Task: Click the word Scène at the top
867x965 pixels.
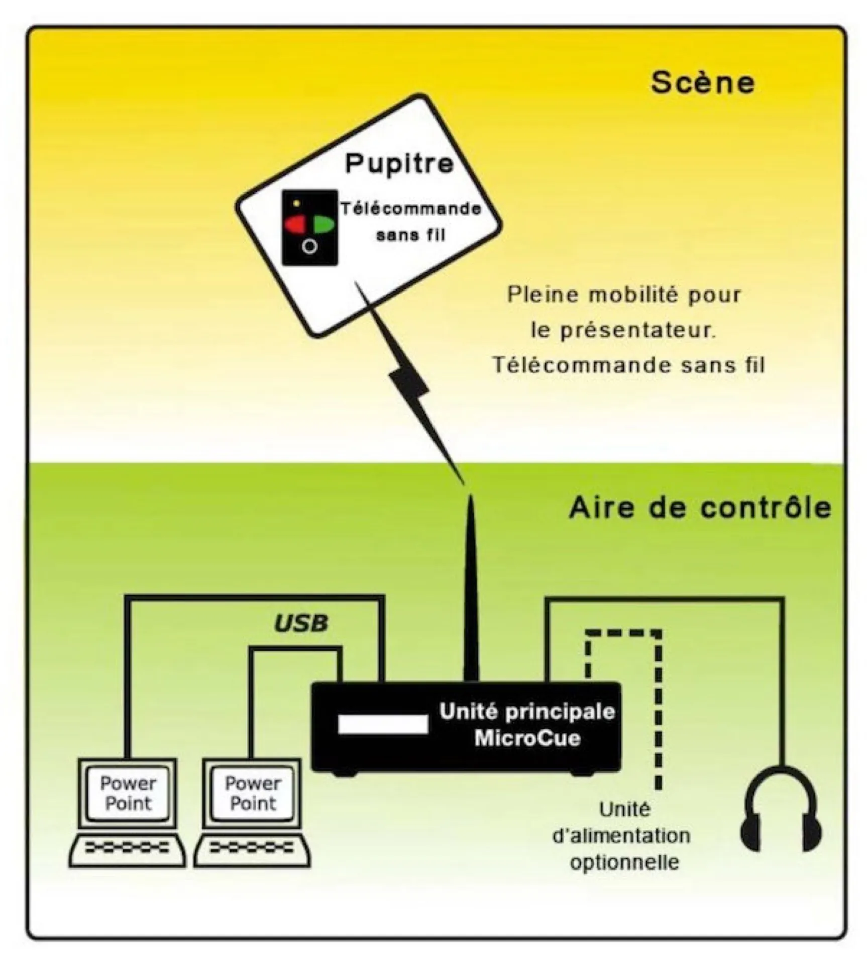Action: point(702,83)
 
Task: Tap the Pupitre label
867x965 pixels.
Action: point(399,163)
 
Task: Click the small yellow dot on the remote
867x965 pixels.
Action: point(296,203)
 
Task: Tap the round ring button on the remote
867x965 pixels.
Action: point(310,246)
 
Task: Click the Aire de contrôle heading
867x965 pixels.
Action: point(700,508)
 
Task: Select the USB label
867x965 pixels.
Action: point(300,623)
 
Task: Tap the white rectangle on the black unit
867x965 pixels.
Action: point(383,724)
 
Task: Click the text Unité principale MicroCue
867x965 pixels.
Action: point(527,725)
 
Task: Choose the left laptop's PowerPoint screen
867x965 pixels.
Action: point(128,793)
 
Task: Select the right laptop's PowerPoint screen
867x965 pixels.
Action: point(253,793)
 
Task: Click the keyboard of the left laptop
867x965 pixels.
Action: point(127,849)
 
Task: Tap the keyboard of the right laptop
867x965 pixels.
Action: point(252,849)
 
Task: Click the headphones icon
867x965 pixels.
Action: point(781,809)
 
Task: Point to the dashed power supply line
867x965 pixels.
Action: point(658,704)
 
